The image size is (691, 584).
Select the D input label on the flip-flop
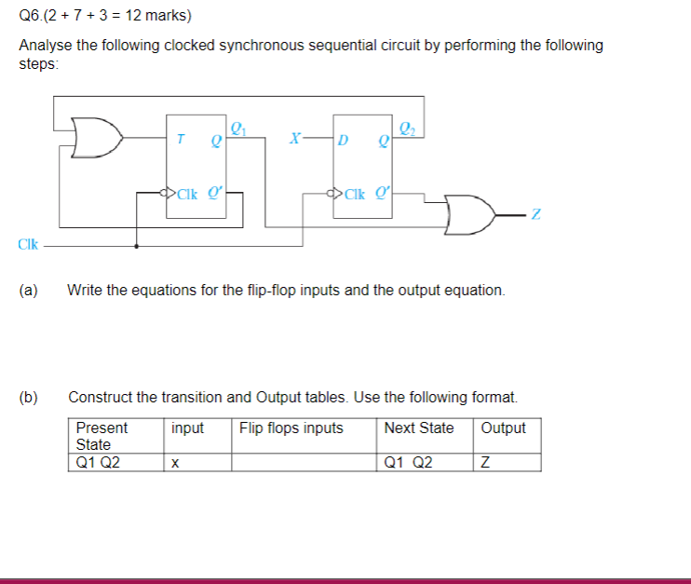click(x=344, y=141)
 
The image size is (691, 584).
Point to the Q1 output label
click(x=238, y=129)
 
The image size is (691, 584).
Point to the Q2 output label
click(x=408, y=129)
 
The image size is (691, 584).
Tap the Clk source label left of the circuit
click(x=28, y=245)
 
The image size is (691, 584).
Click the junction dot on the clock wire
click(x=138, y=247)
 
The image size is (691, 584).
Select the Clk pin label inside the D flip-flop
click(x=355, y=195)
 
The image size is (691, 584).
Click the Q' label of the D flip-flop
click(x=383, y=194)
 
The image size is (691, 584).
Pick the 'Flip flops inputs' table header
click(x=291, y=428)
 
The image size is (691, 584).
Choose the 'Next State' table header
click(x=418, y=428)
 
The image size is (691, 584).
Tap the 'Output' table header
click(x=503, y=428)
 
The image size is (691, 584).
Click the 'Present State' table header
click(x=102, y=436)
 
